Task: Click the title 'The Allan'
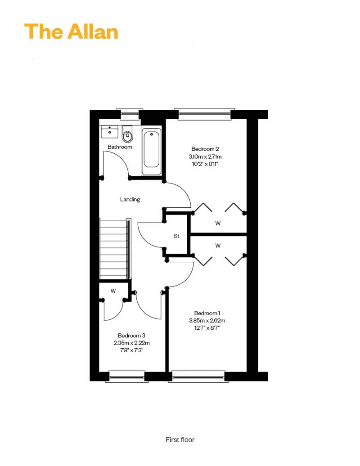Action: [71, 31]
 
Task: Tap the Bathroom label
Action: [120, 147]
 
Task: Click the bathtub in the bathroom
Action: [152, 152]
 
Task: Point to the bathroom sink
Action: [110, 131]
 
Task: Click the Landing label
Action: [130, 199]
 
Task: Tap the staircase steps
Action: [114, 249]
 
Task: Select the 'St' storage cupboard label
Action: [176, 236]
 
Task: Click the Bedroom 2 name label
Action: [205, 149]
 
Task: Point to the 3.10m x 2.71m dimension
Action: [205, 157]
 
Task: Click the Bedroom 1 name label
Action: [207, 313]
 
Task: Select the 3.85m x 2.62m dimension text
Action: [207, 321]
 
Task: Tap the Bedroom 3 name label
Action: [132, 336]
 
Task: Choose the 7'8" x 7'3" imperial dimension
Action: [132, 350]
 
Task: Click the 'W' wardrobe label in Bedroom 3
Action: [113, 291]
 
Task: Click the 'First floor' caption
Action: [180, 440]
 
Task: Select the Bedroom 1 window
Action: [198, 376]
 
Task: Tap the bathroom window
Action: [130, 114]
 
